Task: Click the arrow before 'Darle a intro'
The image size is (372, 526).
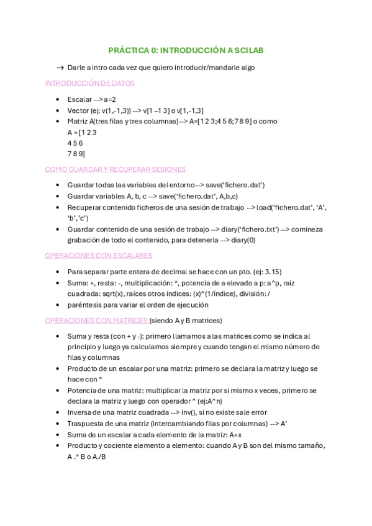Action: tap(60, 68)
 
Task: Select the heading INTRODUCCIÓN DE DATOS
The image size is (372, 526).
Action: tap(89, 82)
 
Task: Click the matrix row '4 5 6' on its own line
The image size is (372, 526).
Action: tap(75, 143)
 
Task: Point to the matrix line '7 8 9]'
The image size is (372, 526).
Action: tap(76, 153)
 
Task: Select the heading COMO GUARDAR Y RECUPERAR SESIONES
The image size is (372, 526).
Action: tap(115, 169)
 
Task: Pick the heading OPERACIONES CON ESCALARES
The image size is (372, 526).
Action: tap(99, 255)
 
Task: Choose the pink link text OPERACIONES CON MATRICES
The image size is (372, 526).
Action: tap(96, 320)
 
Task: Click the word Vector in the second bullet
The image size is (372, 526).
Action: tap(78, 110)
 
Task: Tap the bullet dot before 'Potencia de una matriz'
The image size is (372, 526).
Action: tap(58, 391)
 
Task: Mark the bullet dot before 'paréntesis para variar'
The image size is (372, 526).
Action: tap(58, 305)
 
